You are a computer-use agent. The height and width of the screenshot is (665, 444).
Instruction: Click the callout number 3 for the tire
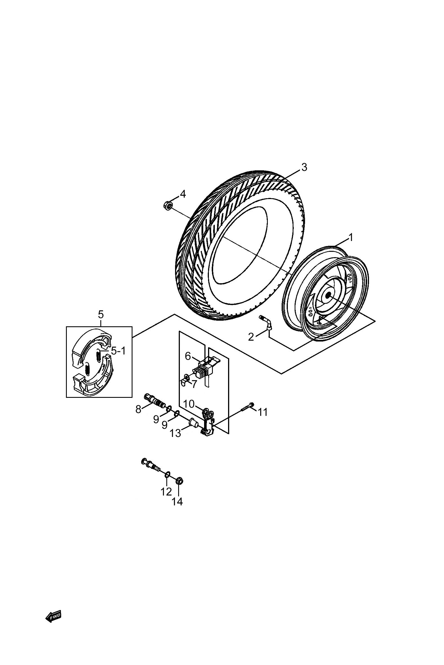(304, 167)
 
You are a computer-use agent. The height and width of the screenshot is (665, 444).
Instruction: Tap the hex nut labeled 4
(168, 205)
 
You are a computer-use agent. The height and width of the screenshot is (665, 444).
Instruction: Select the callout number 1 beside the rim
(351, 238)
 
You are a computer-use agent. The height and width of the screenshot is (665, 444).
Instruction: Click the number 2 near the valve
(251, 337)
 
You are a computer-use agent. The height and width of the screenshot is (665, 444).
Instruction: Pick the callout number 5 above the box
(101, 314)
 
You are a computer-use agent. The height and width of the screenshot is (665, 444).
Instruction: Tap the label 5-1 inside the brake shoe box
(118, 351)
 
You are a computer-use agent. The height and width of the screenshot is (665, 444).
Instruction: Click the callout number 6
(188, 356)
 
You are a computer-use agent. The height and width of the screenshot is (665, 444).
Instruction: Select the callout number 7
(194, 384)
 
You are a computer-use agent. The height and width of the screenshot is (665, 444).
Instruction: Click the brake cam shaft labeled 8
(155, 401)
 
